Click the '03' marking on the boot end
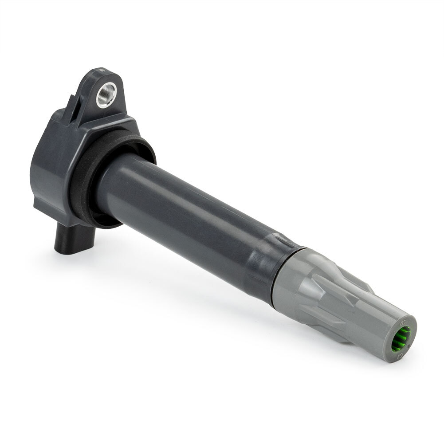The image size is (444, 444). pos(403,322)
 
